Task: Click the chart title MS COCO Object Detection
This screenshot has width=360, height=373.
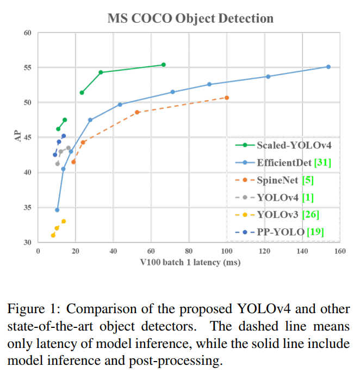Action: pyautogui.click(x=190, y=18)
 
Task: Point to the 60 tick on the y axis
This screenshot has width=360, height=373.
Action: pyautogui.click(x=27, y=33)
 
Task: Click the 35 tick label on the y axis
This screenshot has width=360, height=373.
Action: pyautogui.click(x=27, y=208)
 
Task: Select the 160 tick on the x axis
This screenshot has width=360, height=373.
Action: pyautogui.click(x=340, y=251)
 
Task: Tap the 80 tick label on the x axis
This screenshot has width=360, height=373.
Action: pyautogui.click(x=189, y=251)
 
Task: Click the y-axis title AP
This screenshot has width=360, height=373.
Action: pyautogui.click(x=17, y=137)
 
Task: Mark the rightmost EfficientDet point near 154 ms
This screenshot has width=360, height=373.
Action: pyautogui.click(x=328, y=67)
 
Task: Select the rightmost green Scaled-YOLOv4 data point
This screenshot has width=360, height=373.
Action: pyautogui.click(x=164, y=65)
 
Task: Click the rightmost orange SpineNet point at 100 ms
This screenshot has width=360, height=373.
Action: pyautogui.click(x=227, y=98)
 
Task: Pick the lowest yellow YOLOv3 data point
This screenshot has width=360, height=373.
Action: pyautogui.click(x=53, y=235)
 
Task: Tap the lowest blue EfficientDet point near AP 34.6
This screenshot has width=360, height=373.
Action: pyautogui.click(x=57, y=210)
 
